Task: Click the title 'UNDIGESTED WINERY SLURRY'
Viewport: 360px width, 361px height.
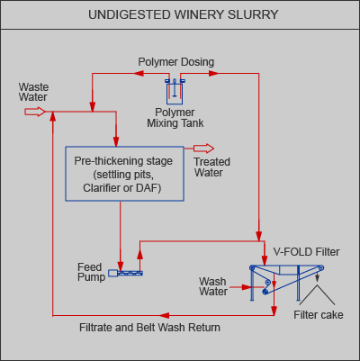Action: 184,14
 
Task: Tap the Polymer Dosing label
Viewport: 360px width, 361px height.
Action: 176,62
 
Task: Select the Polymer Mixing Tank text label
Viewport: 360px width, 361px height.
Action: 175,118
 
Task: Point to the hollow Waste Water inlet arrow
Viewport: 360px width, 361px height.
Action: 35,112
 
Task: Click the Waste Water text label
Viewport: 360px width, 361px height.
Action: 33,92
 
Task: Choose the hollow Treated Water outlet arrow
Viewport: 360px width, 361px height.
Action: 203,149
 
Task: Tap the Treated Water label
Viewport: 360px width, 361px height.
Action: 211,167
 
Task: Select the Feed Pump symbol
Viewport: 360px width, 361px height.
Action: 125,273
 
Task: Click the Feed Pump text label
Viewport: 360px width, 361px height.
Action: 91,272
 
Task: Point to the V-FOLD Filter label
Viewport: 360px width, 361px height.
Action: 306,252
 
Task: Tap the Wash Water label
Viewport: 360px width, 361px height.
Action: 213,286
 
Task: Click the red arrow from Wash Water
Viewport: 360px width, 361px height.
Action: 242,287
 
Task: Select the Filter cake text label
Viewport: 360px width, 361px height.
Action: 319,315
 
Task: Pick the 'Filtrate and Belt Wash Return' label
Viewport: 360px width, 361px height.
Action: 149,328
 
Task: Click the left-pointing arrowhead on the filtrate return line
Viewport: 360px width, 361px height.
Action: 165,315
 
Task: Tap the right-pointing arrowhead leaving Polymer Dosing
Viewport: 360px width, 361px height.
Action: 213,73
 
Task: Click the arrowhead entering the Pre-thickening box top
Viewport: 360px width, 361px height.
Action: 116,141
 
